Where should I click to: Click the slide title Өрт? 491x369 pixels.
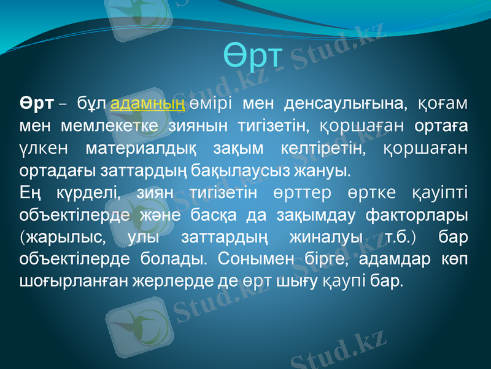coord(252,56)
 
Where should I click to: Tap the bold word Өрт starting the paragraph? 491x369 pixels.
coord(36,102)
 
